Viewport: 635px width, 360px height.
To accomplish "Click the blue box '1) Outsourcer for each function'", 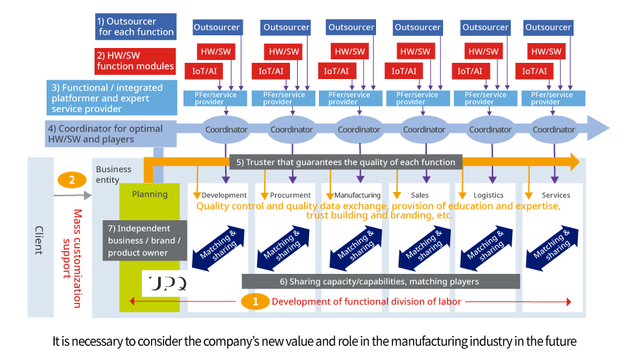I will point(135,26).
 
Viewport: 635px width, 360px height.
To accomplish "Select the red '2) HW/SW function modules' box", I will point(135,60).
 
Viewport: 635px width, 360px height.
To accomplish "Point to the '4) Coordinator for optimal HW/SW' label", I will point(106,133).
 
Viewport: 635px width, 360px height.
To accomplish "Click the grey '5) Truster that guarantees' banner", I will point(346,162).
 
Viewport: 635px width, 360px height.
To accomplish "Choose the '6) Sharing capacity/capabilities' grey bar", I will point(381,281).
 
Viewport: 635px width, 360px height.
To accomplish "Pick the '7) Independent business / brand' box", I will point(145,240).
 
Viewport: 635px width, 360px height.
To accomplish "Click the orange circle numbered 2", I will point(72,180).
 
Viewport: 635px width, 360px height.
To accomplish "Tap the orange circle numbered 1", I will point(255,301).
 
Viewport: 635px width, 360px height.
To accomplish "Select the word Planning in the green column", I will point(150,194).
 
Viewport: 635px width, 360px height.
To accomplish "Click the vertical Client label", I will point(39,240).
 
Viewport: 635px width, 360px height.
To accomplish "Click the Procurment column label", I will point(290,195).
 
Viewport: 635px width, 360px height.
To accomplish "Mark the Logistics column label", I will point(489,195).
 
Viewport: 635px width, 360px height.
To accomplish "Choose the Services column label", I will point(556,195).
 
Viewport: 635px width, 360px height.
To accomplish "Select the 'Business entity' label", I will point(113,174).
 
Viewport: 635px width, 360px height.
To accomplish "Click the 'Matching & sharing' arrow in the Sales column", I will point(421,245).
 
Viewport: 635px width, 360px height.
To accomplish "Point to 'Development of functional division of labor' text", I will point(366,301).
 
